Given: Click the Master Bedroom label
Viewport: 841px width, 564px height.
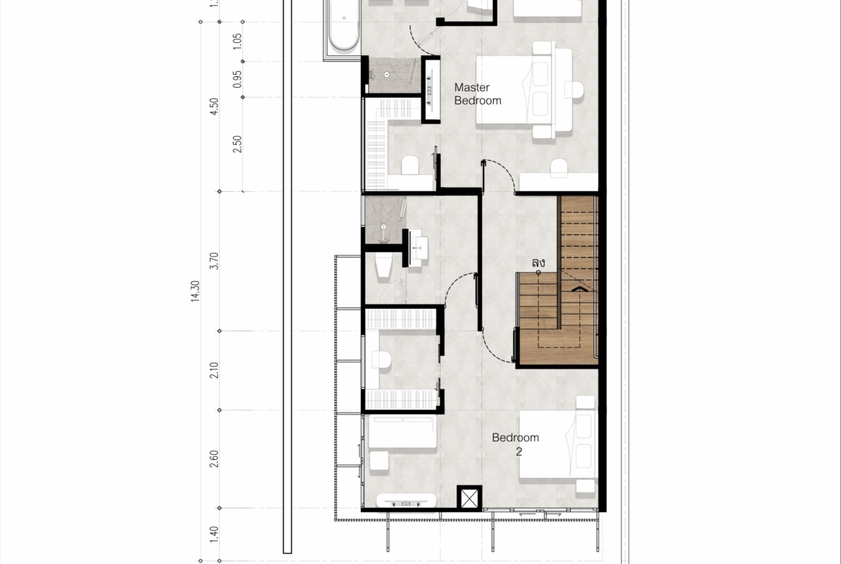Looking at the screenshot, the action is point(477,94).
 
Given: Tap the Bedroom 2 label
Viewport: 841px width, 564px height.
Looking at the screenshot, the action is point(515,445).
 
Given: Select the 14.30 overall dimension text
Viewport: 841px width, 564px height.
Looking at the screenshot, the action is point(195,291).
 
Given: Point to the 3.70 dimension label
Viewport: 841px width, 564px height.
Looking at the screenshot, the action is point(214,261).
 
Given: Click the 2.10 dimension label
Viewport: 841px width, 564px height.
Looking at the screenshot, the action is point(214,371).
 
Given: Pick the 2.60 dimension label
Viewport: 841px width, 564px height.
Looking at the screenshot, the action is point(214,459).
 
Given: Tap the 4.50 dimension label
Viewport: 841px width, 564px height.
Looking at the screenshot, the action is point(214,106).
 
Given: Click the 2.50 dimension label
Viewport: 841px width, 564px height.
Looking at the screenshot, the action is point(237,144).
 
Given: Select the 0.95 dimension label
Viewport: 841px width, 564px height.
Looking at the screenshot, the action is point(237,79).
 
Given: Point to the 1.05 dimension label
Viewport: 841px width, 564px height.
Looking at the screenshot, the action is point(237,41).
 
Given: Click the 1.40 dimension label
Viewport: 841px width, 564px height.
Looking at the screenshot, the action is point(214,535).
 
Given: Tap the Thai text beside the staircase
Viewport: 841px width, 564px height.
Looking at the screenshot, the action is point(538,263).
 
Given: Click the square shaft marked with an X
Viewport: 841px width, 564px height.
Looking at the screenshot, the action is point(469,498).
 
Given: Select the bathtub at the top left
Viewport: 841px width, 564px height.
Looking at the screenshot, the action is point(344,26).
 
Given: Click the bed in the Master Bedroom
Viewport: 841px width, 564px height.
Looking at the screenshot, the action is point(524,91).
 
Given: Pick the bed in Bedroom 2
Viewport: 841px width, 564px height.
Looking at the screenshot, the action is point(559,444).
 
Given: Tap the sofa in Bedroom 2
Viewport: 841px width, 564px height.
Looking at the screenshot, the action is point(402,432).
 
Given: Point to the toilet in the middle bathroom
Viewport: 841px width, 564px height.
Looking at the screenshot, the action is point(384,267).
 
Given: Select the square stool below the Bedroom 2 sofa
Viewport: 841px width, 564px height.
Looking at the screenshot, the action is point(380,461).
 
